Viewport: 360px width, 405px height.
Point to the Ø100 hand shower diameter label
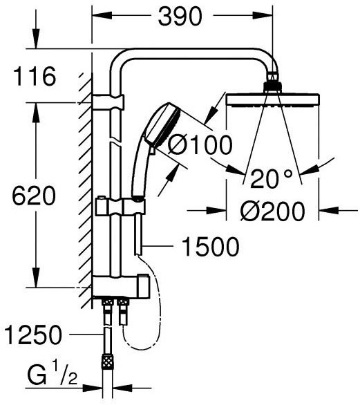(x=200, y=145)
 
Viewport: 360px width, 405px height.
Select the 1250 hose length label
(x=32, y=336)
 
